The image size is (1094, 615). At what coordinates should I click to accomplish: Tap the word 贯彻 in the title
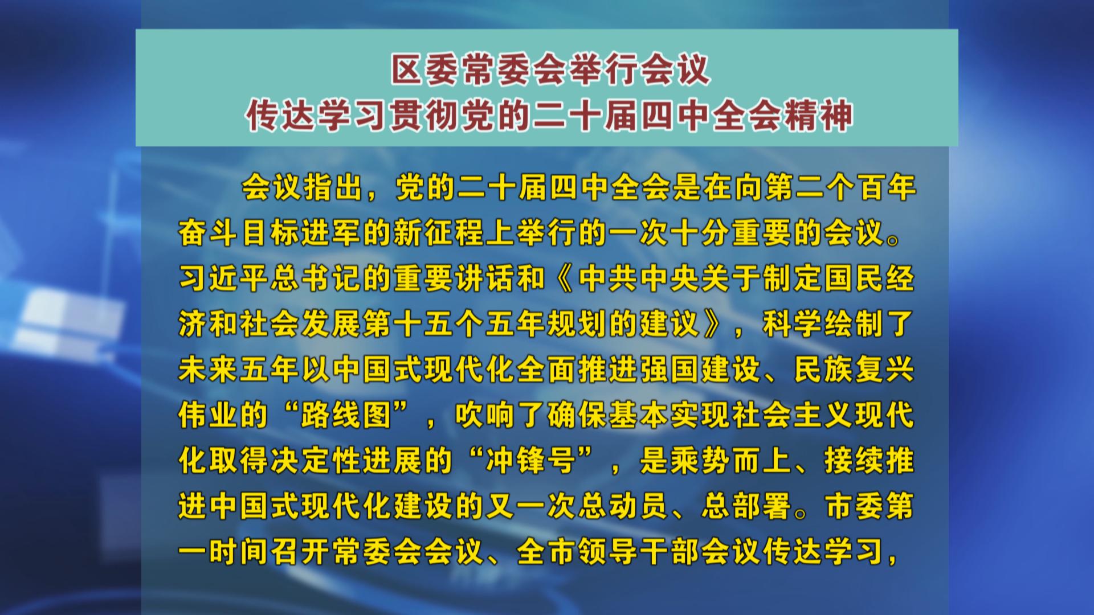pos(425,116)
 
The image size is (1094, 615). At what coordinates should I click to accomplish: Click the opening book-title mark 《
pos(562,279)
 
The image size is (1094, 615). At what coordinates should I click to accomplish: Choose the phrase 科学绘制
pos(823,325)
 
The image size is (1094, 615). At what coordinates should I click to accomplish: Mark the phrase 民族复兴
pos(854,370)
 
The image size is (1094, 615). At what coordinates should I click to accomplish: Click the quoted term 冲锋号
pos(531,461)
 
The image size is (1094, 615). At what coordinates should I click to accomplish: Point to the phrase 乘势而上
pos(731,461)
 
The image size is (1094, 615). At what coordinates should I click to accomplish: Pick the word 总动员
pos(624,507)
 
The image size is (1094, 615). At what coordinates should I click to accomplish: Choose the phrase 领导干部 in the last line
pos(639,552)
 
